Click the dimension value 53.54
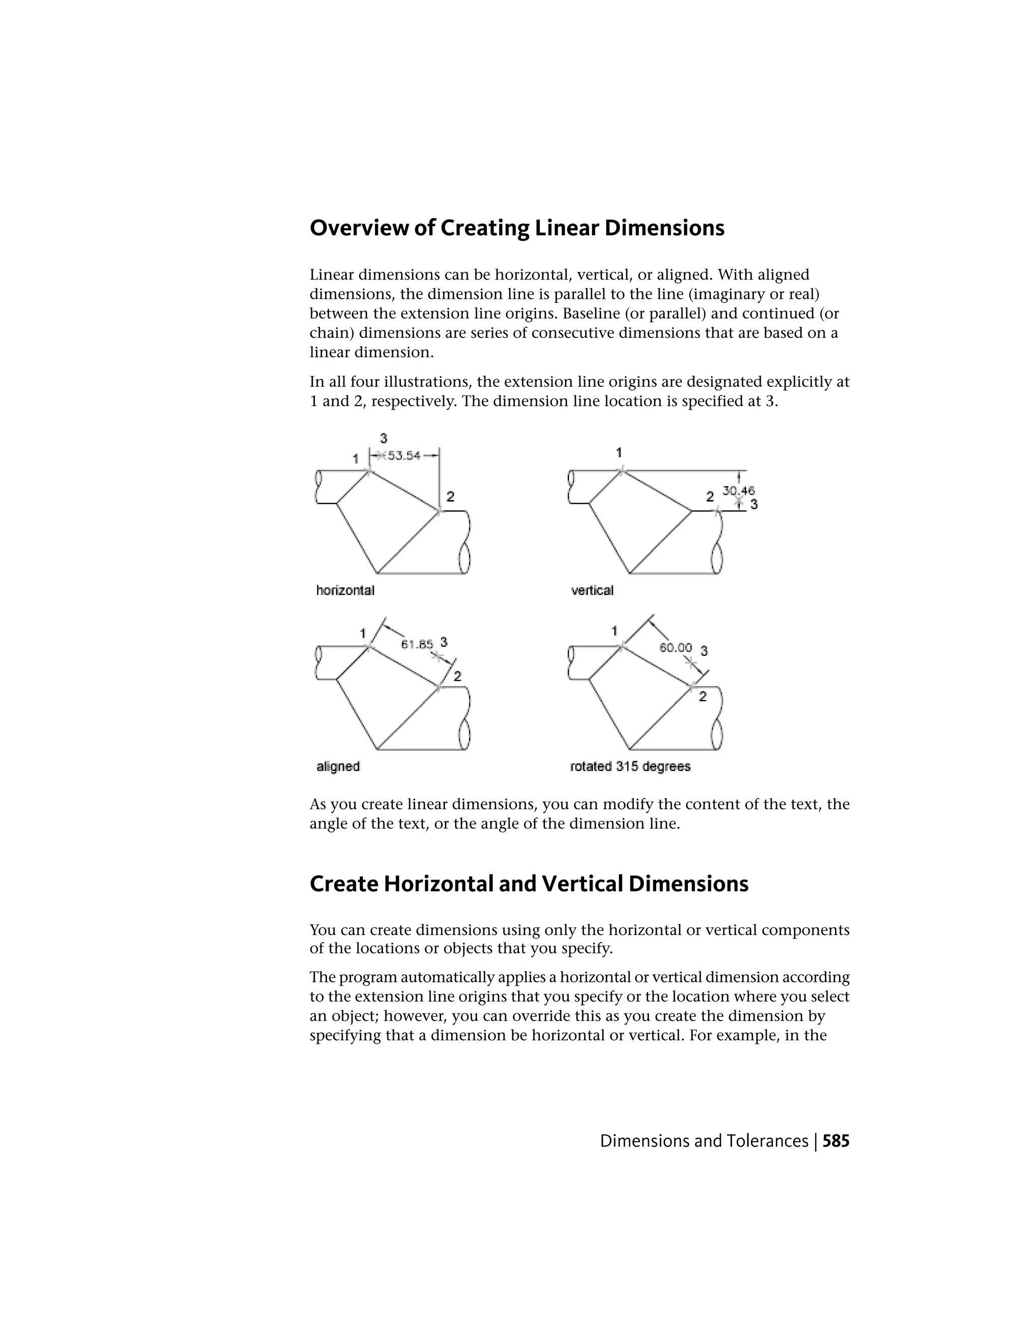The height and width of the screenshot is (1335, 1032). click(x=404, y=455)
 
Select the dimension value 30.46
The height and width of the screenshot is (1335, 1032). click(x=739, y=490)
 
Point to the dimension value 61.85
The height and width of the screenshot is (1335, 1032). click(x=417, y=644)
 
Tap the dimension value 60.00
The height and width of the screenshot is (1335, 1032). click(x=676, y=647)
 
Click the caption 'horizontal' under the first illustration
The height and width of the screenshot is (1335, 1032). click(x=345, y=590)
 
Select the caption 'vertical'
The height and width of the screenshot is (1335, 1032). click(x=592, y=590)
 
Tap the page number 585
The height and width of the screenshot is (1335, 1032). click(x=836, y=1141)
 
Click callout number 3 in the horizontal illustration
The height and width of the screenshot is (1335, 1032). click(x=383, y=438)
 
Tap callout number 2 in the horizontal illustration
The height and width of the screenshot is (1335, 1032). click(x=450, y=497)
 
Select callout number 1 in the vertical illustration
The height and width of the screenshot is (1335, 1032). click(x=619, y=452)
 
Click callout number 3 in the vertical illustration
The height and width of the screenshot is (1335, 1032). click(x=754, y=504)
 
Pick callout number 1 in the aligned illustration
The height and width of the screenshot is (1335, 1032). click(x=362, y=633)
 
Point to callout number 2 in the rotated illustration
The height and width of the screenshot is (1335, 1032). click(x=702, y=696)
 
